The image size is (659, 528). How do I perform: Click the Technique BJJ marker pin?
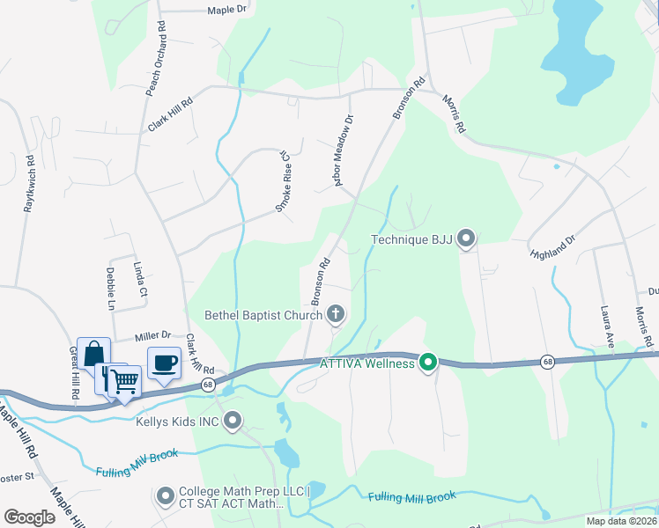click(467, 238)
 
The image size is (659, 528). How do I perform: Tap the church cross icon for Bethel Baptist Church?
click(335, 313)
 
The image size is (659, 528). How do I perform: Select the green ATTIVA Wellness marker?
click(428, 362)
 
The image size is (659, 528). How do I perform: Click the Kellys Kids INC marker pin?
click(233, 422)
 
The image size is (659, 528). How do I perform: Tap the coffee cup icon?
click(164, 363)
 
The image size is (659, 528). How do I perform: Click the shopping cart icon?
click(124, 381)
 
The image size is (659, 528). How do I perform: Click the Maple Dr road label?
click(228, 11)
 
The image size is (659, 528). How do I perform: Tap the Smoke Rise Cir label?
click(284, 180)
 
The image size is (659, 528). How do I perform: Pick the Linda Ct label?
click(139, 278)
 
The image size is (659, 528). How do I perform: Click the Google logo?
click(30, 517)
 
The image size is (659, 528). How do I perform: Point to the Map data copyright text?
click(621, 521)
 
